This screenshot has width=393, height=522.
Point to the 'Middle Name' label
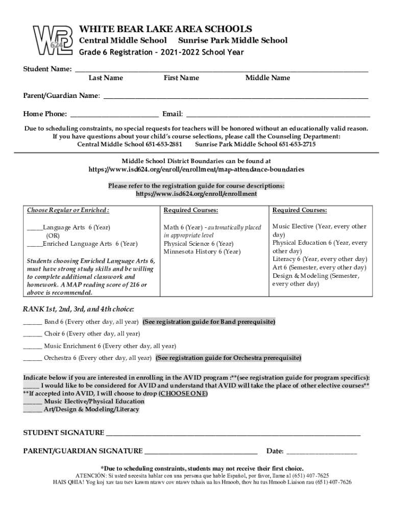(x=267, y=78)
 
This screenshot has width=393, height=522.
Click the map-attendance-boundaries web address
(x=196, y=169)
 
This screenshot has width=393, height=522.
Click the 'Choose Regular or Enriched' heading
(x=68, y=211)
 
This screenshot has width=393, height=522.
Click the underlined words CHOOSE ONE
(x=183, y=394)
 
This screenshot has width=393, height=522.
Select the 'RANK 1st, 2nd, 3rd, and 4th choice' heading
(x=79, y=309)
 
